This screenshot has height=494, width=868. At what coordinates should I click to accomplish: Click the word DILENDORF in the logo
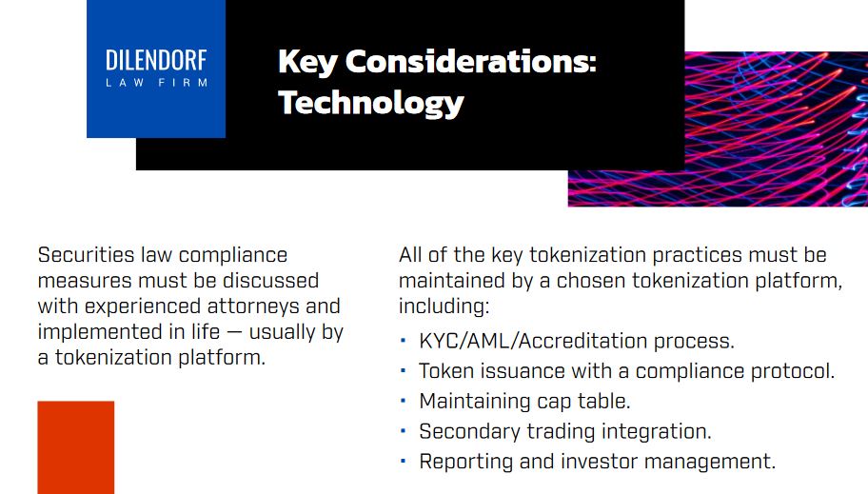click(156, 60)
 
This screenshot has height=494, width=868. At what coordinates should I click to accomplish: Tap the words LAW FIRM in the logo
click(157, 83)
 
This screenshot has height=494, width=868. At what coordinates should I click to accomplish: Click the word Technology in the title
click(371, 104)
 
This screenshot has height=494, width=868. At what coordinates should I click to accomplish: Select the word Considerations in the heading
click(470, 61)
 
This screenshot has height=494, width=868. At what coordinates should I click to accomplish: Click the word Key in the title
click(307, 63)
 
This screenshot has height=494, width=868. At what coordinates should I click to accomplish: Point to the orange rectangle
click(76, 447)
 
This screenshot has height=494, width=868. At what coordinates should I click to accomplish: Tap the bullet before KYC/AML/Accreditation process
click(403, 341)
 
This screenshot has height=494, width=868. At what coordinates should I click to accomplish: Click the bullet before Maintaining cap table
click(403, 401)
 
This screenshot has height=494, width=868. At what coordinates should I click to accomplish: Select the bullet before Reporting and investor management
click(403, 461)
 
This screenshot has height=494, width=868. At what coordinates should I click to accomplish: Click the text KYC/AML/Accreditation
click(533, 341)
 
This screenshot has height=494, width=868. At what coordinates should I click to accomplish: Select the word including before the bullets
click(444, 306)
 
